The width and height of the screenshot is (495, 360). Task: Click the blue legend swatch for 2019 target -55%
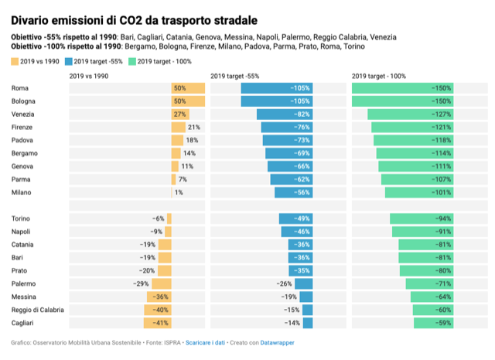(68, 60)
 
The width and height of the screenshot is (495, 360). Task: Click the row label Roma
(20, 88)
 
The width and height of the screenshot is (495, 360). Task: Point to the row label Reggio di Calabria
(38, 310)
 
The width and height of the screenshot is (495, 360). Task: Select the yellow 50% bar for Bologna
(188, 101)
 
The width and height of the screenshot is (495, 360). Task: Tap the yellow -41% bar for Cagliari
(157, 323)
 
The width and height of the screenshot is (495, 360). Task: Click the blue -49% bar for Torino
(295, 218)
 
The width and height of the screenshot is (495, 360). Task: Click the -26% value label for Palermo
(283, 283)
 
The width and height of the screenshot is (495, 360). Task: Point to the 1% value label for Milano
(179, 192)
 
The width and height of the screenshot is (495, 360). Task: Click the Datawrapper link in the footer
(277, 342)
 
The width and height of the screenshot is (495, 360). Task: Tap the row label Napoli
(22, 231)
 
